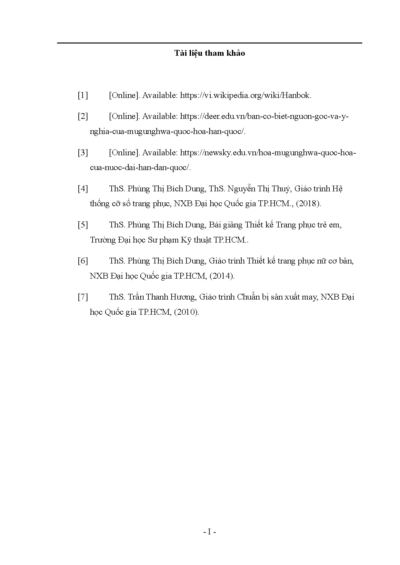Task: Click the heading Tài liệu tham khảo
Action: [210, 53]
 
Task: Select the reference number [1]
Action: [83, 95]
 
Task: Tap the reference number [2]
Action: [83, 116]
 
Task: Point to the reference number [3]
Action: [83, 153]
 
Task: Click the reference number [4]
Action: [83, 189]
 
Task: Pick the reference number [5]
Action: [83, 225]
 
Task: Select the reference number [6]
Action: [83, 261]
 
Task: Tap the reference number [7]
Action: [83, 297]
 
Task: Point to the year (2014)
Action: [221, 276]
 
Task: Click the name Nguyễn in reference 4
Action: [242, 189]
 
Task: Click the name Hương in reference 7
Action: [184, 297]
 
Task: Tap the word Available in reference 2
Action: [160, 116]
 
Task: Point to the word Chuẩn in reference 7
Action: [248, 297]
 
